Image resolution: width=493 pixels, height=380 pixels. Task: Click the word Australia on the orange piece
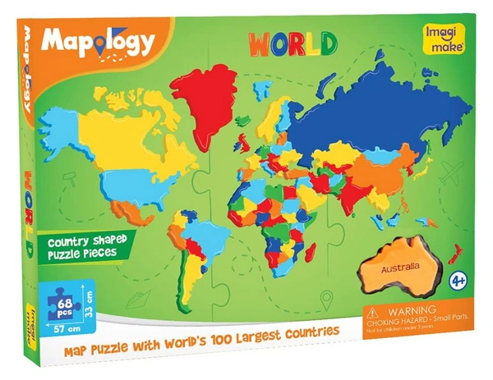[x=394, y=268]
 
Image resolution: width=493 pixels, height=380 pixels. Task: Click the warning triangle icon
[x=373, y=315]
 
